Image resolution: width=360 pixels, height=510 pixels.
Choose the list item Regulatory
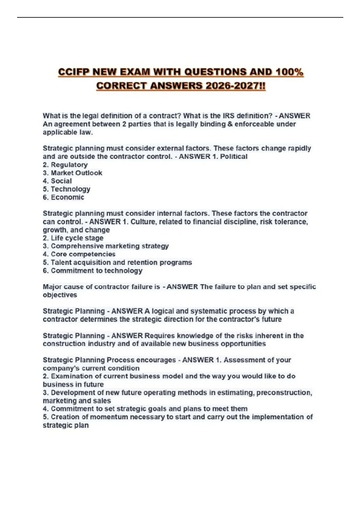[x=69, y=165]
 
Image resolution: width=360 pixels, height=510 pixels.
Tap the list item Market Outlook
[x=76, y=173]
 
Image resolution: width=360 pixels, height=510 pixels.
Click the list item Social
[x=61, y=181]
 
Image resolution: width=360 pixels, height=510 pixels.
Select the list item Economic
[x=67, y=197]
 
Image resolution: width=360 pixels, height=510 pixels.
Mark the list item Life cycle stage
[x=77, y=238]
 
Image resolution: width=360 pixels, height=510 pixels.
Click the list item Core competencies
[x=83, y=254]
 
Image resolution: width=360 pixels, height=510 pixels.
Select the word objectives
[x=60, y=295]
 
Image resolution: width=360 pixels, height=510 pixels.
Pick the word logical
[x=164, y=311]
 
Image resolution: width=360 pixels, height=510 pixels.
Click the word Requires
[x=159, y=336]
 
